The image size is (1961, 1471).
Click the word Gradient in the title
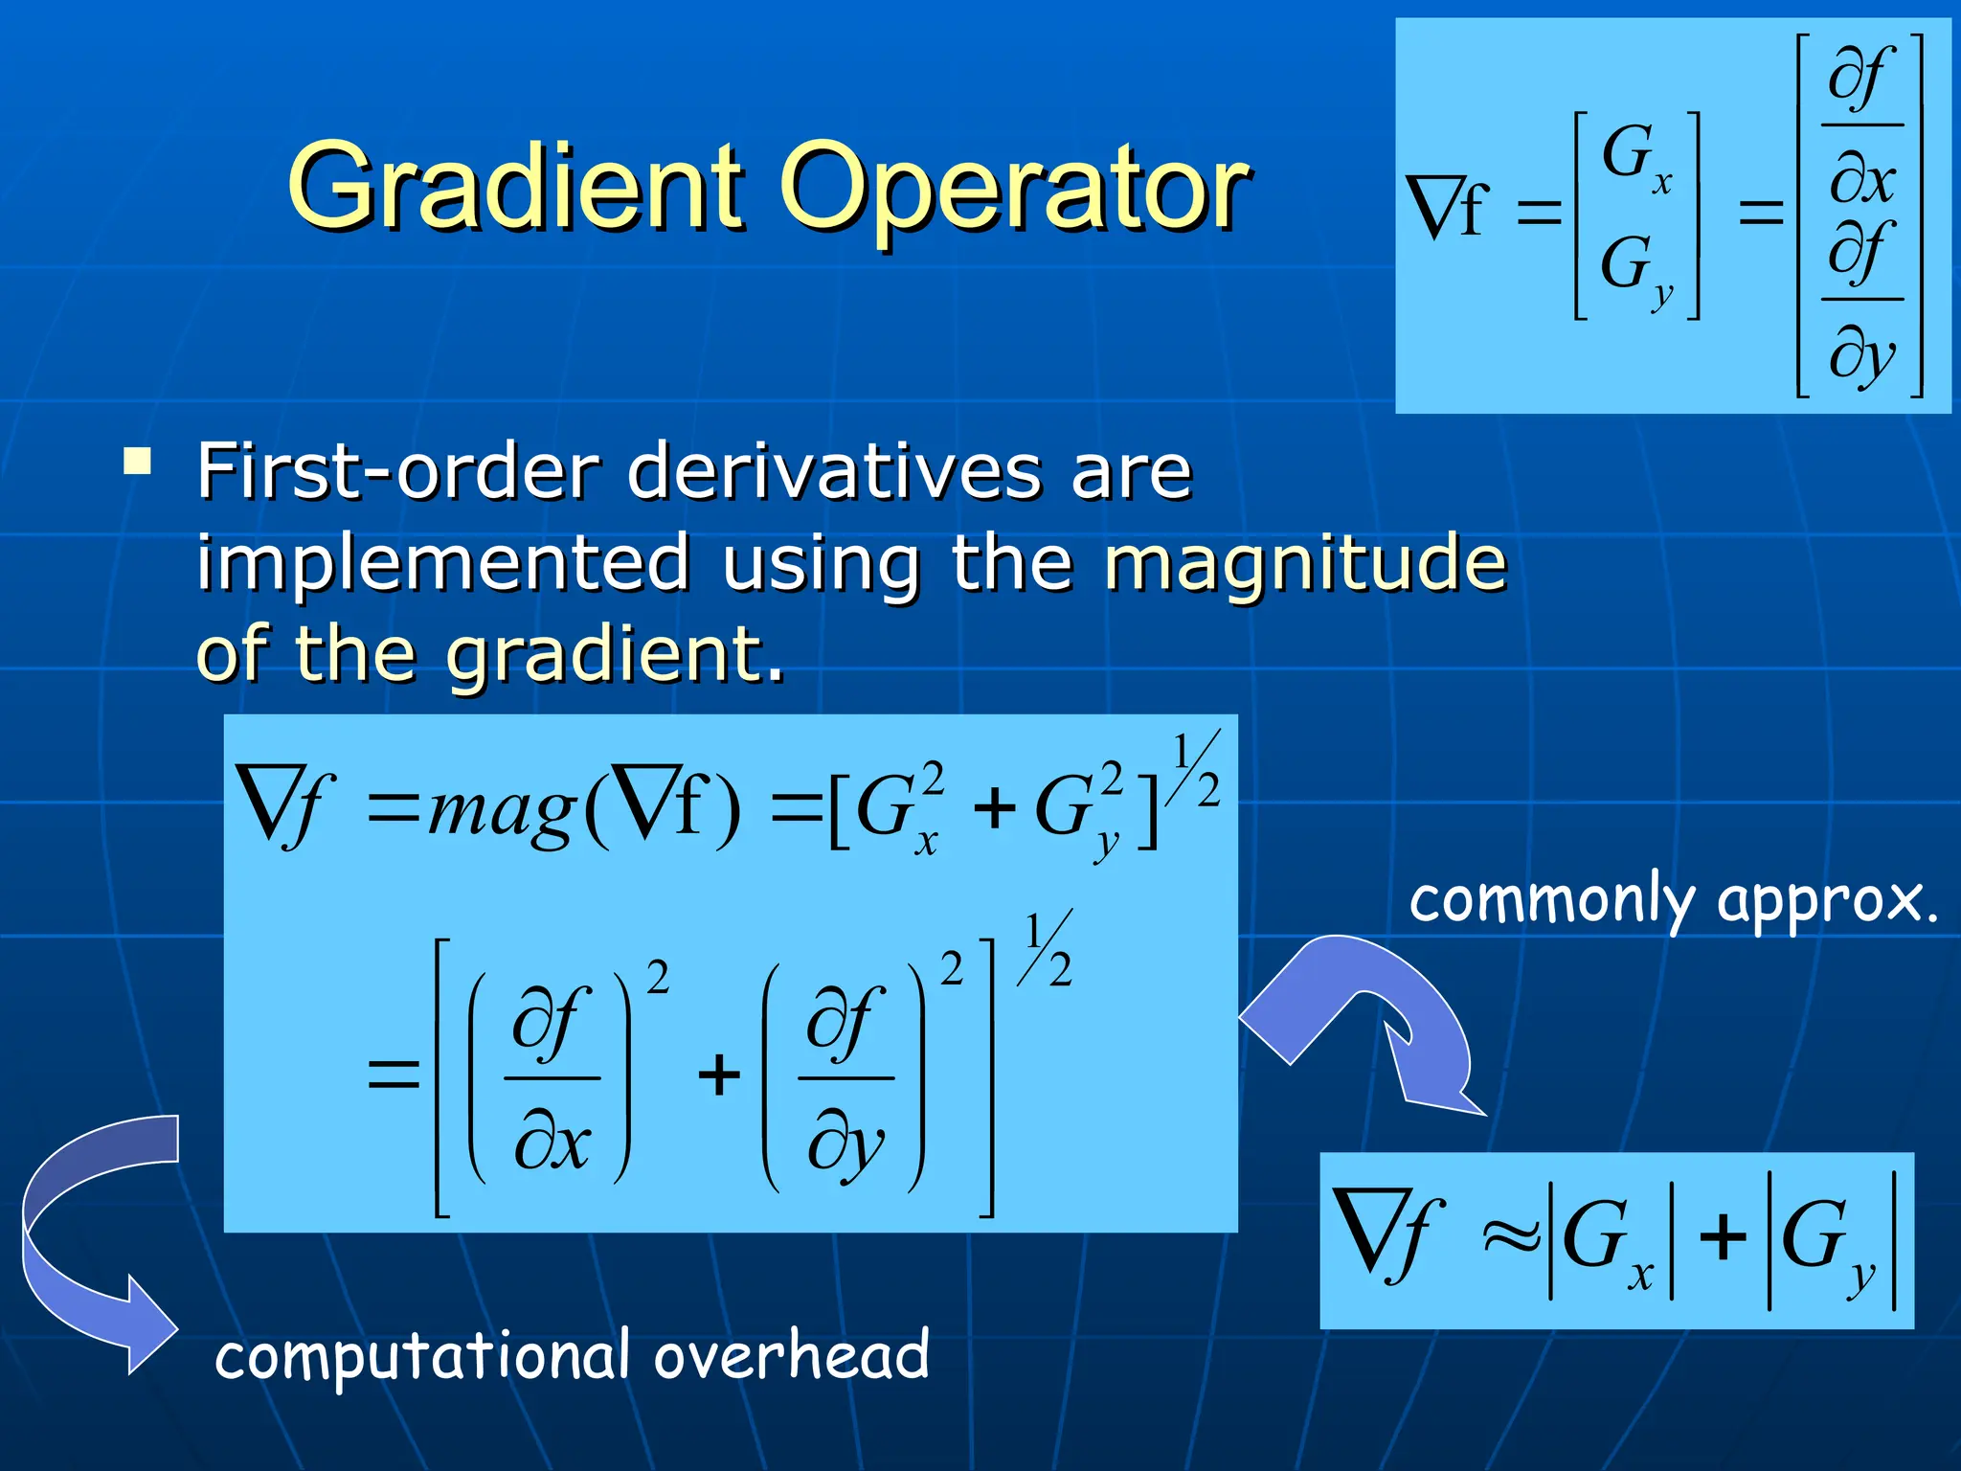point(517,187)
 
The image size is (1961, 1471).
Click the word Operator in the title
point(1015,187)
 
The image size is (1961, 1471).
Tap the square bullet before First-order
point(138,462)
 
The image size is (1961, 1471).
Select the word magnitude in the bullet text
point(1305,563)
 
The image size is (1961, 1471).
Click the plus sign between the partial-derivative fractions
point(719,1075)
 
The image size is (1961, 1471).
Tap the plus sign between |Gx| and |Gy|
point(1723,1236)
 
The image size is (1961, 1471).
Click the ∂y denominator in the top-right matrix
point(1861,354)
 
